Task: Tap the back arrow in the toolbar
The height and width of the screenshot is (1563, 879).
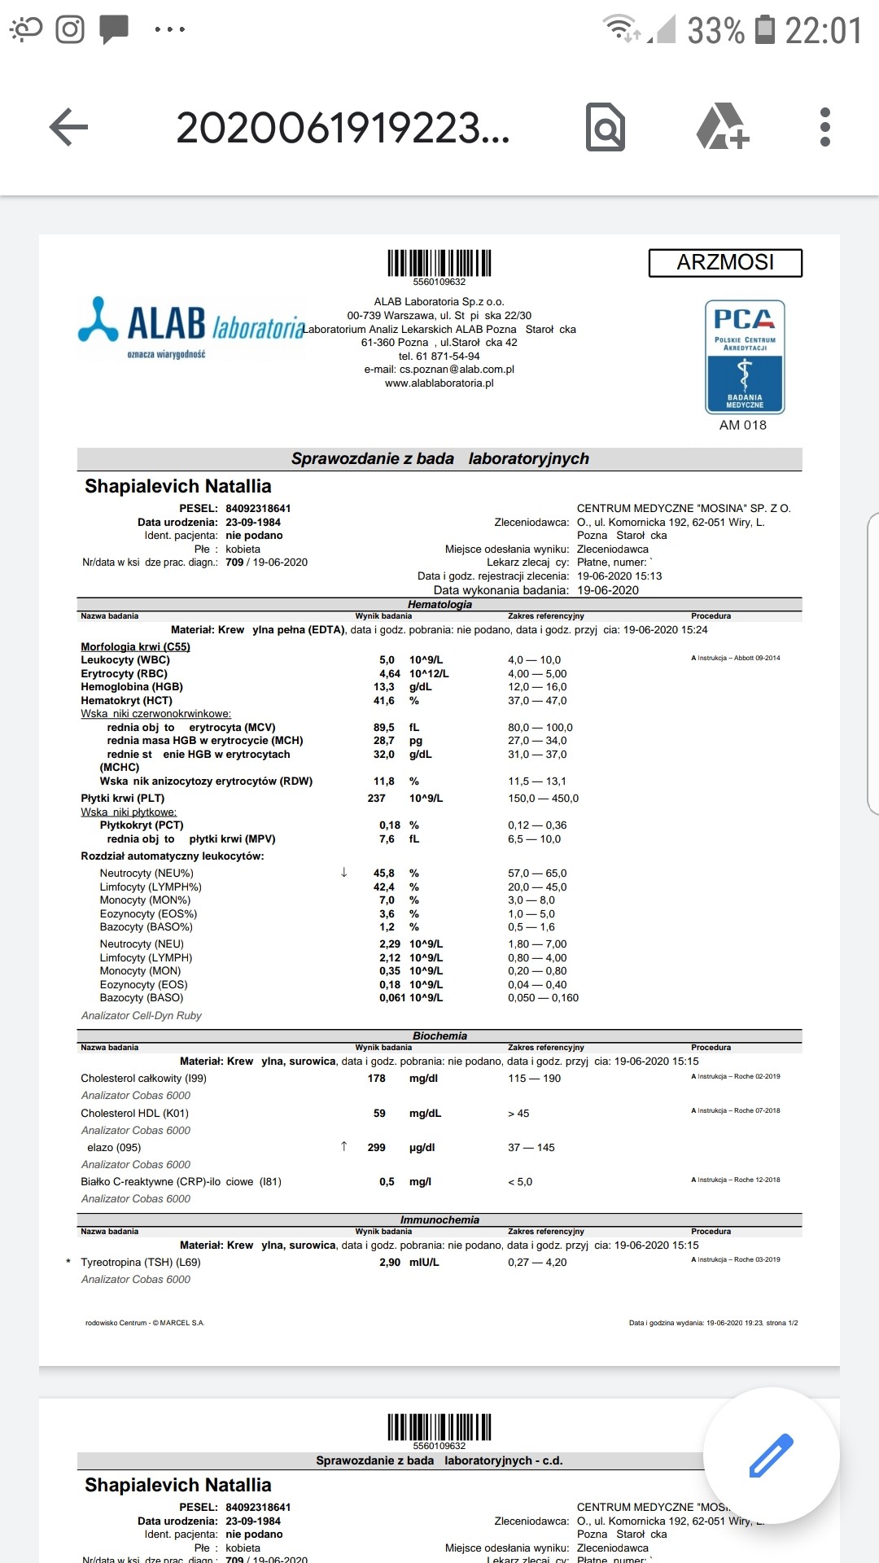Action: coord(69,128)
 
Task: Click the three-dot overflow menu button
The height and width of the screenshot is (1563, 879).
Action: coord(824,128)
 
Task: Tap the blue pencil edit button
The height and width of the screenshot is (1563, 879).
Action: coord(770,1456)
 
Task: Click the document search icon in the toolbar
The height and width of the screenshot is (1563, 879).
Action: coord(606,128)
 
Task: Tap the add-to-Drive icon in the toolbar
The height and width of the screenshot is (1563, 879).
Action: coord(721,127)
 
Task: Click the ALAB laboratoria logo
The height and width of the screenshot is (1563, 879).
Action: coord(192,326)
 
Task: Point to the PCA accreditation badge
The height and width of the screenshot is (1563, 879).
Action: coord(744,357)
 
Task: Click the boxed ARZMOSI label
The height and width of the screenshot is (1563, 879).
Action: coord(725,263)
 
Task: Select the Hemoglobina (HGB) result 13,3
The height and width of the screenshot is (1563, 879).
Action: coord(384,687)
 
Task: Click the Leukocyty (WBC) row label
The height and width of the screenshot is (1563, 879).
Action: coord(125,660)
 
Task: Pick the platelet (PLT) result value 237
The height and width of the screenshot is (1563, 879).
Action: coord(376,799)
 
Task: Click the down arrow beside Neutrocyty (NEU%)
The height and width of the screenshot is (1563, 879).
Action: coord(343,873)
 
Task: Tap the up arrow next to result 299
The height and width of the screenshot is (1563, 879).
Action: coord(343,1147)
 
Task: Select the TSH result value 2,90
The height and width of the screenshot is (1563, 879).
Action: coord(390,1263)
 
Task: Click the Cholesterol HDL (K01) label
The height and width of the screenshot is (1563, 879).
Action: coord(134,1113)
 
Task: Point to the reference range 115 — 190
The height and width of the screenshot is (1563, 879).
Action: coord(534,1079)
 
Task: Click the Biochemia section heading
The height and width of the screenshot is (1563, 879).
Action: coord(439,1036)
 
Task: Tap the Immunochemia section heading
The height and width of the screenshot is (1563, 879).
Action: coord(439,1220)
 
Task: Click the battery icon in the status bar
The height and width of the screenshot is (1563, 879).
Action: coord(765,30)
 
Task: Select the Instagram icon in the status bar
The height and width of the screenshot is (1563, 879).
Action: coord(70,30)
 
